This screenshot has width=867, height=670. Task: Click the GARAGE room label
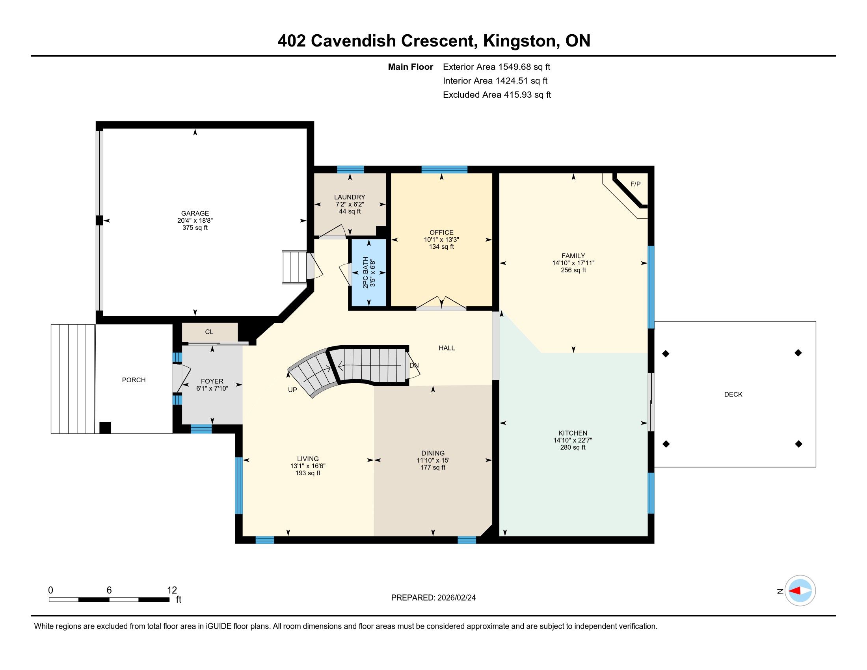[x=195, y=213]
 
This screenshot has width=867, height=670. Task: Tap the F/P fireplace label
[x=635, y=184]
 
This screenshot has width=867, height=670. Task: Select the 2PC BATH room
[x=368, y=272]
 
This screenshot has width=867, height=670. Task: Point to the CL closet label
[x=209, y=332]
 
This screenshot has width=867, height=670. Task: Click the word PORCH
[x=134, y=380]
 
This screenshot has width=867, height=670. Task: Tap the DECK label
[x=733, y=394]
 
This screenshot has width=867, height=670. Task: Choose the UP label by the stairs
[x=292, y=390]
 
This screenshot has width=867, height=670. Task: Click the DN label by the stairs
[x=414, y=365]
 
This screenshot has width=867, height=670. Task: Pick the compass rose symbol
[x=800, y=591]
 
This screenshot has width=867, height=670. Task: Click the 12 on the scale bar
[x=172, y=590]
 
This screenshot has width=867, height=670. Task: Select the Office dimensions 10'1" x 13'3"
[x=441, y=240]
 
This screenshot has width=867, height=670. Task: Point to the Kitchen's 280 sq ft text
[x=573, y=447]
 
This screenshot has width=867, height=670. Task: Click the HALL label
[x=447, y=348]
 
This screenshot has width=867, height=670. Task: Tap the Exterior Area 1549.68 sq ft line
[x=497, y=67]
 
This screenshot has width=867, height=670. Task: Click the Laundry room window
[x=350, y=169]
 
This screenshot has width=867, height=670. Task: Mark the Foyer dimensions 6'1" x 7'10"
[x=212, y=388]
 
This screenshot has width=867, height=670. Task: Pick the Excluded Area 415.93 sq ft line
[x=497, y=95]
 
